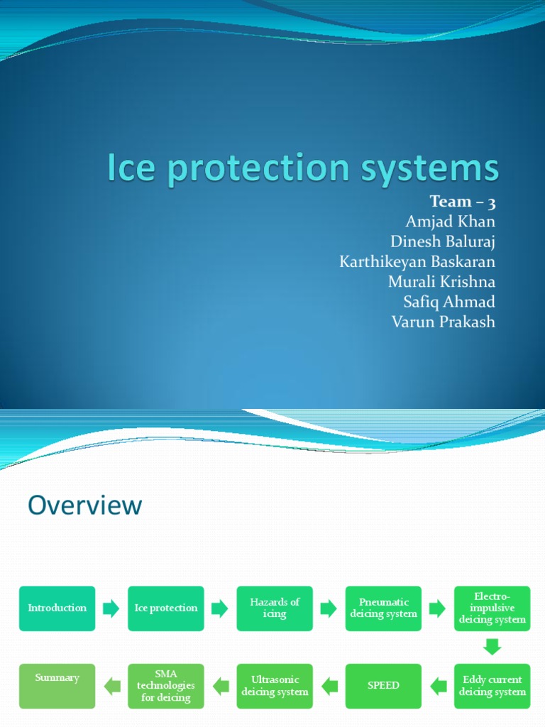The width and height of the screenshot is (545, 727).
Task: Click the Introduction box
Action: [x=57, y=608]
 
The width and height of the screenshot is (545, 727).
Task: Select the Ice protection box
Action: [x=165, y=608]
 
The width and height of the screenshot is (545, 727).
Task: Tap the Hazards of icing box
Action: [x=275, y=608]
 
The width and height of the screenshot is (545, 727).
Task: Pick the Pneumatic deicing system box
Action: [x=383, y=608]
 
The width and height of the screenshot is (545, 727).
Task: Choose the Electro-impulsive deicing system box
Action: [x=492, y=608]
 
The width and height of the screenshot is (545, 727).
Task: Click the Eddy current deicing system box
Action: [x=492, y=686]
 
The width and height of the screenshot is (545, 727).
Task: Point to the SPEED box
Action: [x=383, y=686]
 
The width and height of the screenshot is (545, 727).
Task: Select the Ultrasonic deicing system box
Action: [x=275, y=686]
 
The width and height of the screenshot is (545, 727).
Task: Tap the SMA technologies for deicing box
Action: [x=165, y=686]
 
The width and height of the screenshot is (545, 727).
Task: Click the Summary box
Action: [x=57, y=686]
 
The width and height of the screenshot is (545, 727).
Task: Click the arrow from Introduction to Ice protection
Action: [x=111, y=608]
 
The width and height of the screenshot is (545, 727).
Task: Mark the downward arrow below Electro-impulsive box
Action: [x=492, y=647]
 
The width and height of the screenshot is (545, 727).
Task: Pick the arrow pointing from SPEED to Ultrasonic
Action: [x=329, y=686]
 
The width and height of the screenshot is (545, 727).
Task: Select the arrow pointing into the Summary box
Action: [x=111, y=686]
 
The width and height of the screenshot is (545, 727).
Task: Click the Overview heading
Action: [x=85, y=505]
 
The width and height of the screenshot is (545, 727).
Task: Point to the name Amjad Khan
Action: [x=450, y=222]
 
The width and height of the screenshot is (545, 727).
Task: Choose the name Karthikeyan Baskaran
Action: [x=417, y=261]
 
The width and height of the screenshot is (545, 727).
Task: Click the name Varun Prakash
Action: [x=443, y=322]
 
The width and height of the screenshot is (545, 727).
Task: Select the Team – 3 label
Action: [x=462, y=202]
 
